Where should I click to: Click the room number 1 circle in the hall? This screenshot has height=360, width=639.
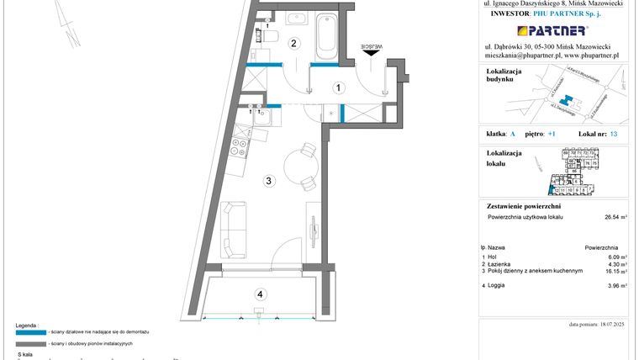pyautogui.click(x=336, y=87)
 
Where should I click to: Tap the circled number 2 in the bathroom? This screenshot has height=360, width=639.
pyautogui.click(x=293, y=44)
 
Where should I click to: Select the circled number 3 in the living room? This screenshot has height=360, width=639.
pyautogui.click(x=268, y=180)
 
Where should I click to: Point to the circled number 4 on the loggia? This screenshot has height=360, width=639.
pyautogui.click(x=261, y=294)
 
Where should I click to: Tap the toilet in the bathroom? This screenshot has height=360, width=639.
pyautogui.click(x=269, y=34)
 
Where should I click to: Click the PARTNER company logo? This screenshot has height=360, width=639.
pyautogui.click(x=552, y=30)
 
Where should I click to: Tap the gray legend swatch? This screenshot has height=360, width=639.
pyautogui.click(x=31, y=344)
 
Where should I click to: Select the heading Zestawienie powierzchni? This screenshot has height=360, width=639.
pyautogui.click(x=523, y=205)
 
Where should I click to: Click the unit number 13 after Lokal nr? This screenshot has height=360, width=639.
pyautogui.click(x=614, y=135)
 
